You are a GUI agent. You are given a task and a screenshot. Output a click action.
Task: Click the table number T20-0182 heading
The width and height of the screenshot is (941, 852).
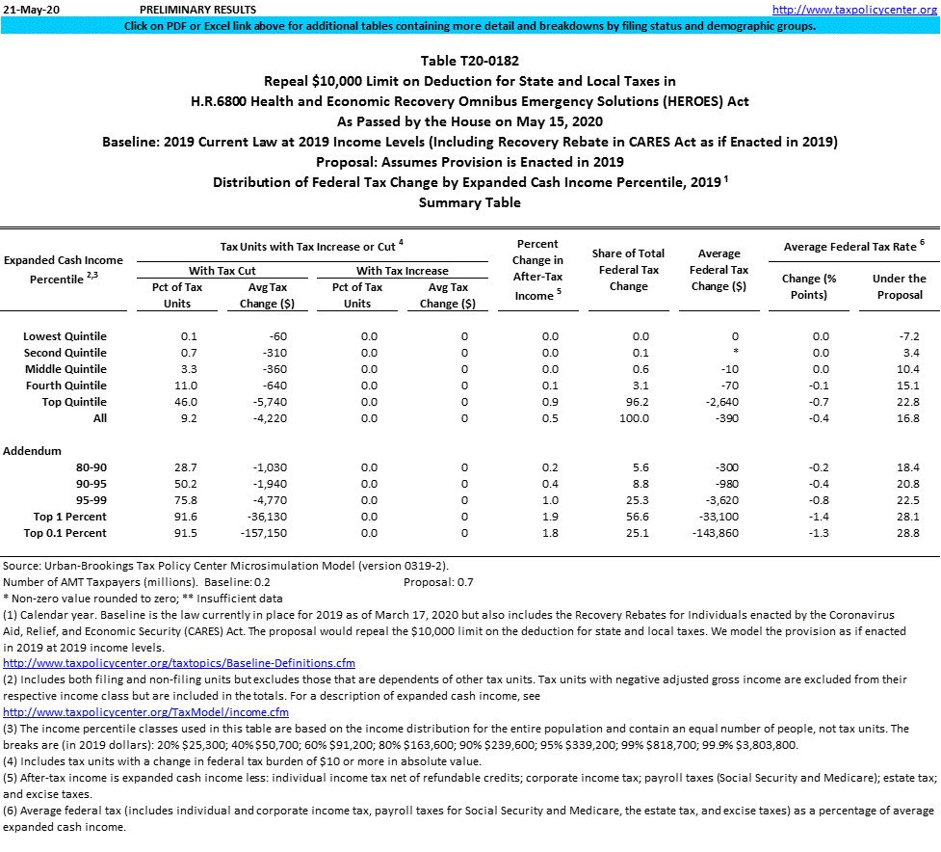click(x=469, y=61)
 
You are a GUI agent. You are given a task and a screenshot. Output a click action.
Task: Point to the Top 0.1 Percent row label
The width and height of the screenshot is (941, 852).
click(x=65, y=533)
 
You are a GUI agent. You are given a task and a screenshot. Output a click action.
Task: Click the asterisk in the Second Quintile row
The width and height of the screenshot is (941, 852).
click(x=734, y=353)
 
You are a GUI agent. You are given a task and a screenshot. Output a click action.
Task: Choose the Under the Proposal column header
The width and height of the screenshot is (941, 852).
click(x=899, y=286)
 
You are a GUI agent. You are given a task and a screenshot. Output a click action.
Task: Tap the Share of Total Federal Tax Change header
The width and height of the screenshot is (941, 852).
click(x=628, y=270)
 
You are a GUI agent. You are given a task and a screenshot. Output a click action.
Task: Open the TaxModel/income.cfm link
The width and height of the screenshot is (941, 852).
click(x=146, y=712)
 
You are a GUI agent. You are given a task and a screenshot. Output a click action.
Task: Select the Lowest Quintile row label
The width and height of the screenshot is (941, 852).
click(x=65, y=336)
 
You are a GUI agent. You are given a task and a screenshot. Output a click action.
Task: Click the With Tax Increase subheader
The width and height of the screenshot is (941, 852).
click(x=402, y=271)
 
